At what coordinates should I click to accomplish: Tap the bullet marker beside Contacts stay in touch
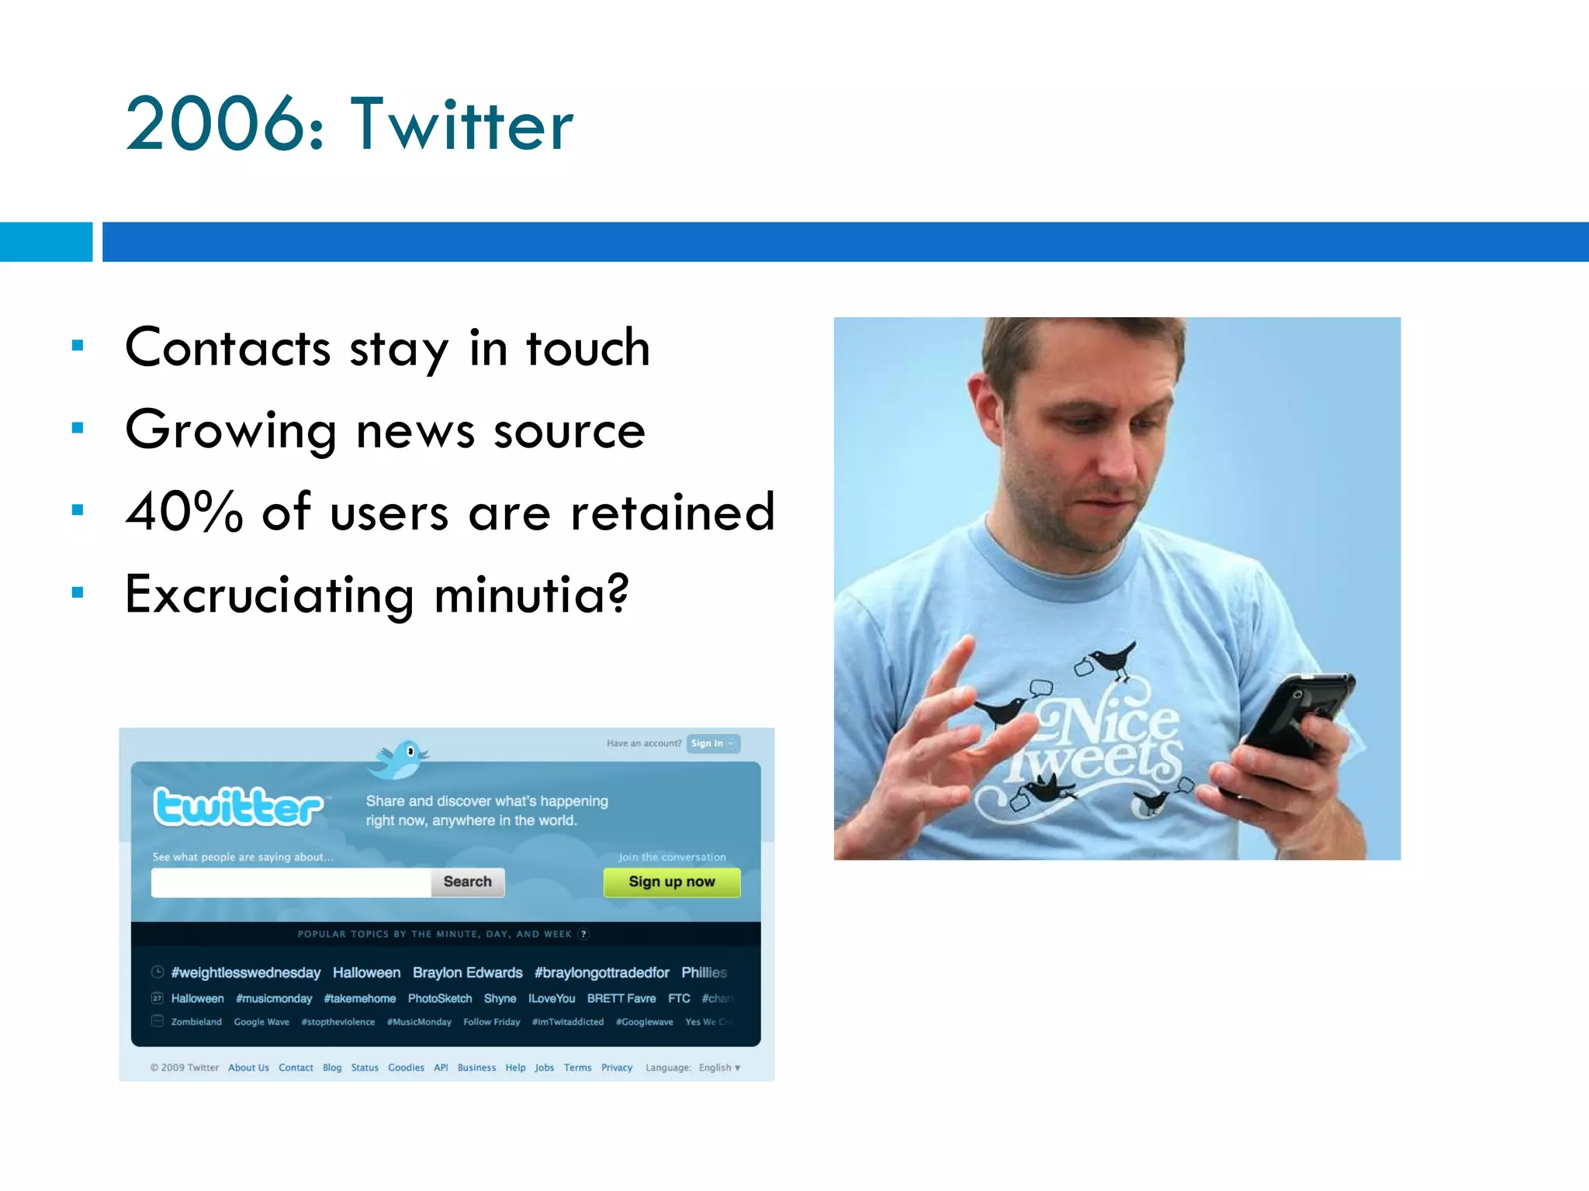pyautogui.click(x=78, y=346)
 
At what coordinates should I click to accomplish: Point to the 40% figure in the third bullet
pyautogui.click(x=184, y=512)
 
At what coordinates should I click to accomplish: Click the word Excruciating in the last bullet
pyautogui.click(x=269, y=595)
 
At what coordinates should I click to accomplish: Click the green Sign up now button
pyautogui.click(x=671, y=882)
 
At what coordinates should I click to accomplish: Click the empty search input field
pyautogui.click(x=291, y=882)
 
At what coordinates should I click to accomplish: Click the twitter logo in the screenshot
pyautogui.click(x=238, y=806)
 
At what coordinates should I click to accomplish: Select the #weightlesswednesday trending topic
pyautogui.click(x=245, y=972)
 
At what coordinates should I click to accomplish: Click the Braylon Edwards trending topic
pyautogui.click(x=467, y=972)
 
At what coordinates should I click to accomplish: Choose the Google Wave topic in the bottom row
pyautogui.click(x=261, y=1022)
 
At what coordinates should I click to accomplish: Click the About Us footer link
pyautogui.click(x=248, y=1068)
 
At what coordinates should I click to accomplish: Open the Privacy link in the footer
pyautogui.click(x=616, y=1068)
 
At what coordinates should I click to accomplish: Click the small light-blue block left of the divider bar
pyautogui.click(x=46, y=242)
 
